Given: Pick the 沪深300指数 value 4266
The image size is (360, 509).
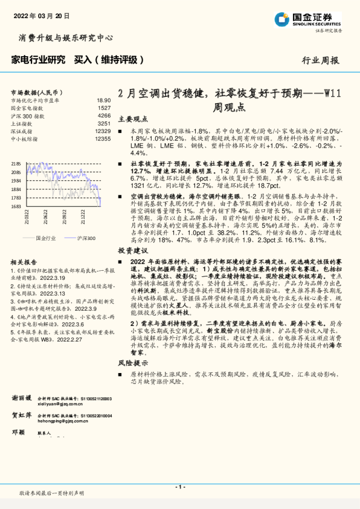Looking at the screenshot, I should [104, 115].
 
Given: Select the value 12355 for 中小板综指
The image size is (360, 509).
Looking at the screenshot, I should [103, 138].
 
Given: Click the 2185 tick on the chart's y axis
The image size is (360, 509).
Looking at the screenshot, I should [16, 163].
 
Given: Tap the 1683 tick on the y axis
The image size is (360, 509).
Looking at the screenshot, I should [16, 206].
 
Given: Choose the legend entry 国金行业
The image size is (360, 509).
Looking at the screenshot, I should [47, 238].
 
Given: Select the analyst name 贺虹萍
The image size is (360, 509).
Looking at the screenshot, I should [22, 416].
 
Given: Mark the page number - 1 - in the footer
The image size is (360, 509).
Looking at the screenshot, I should [179, 487].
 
